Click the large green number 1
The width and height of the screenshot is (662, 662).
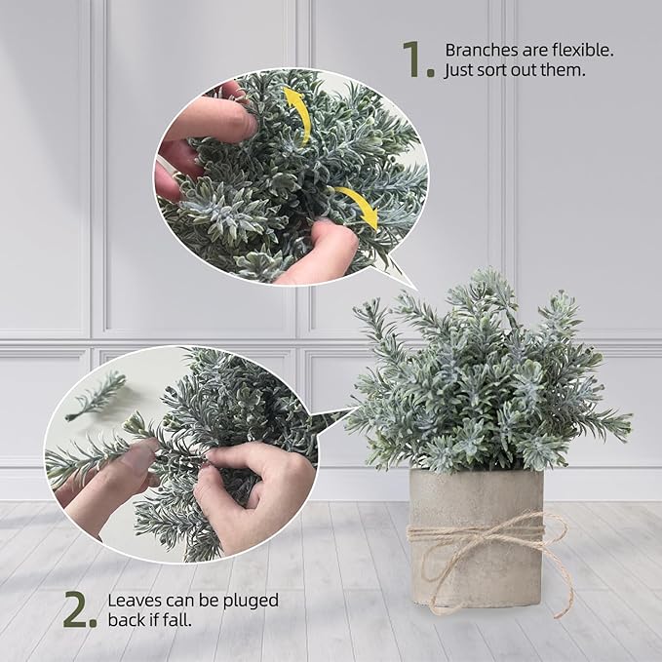click(416, 59)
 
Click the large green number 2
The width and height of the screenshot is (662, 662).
click(80, 609)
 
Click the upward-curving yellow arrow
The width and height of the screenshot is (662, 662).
click(298, 112)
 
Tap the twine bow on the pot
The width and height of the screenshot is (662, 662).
click(492, 535)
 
